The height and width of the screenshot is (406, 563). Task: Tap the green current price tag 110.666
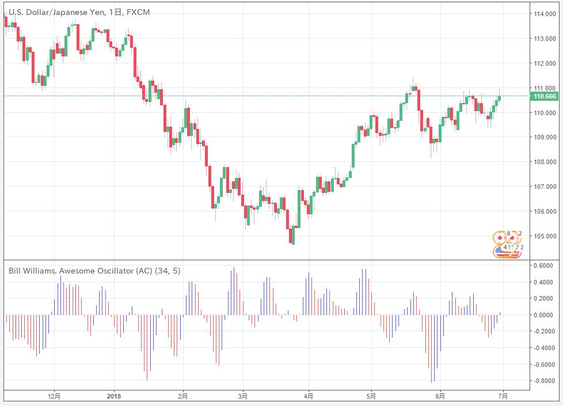[545, 96]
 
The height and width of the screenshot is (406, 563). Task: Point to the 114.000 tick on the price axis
[545, 14]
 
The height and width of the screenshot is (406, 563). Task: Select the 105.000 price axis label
[545, 236]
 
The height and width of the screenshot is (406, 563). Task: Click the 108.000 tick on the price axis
[545, 162]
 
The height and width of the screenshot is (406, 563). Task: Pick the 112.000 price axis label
[545, 63]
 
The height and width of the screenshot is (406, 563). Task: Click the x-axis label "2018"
[114, 396]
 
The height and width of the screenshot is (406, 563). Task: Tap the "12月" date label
[55, 396]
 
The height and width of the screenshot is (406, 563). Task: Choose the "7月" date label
[503, 396]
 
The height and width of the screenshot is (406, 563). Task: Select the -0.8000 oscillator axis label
[543, 381]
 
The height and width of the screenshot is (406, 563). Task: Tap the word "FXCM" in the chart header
[138, 12]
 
